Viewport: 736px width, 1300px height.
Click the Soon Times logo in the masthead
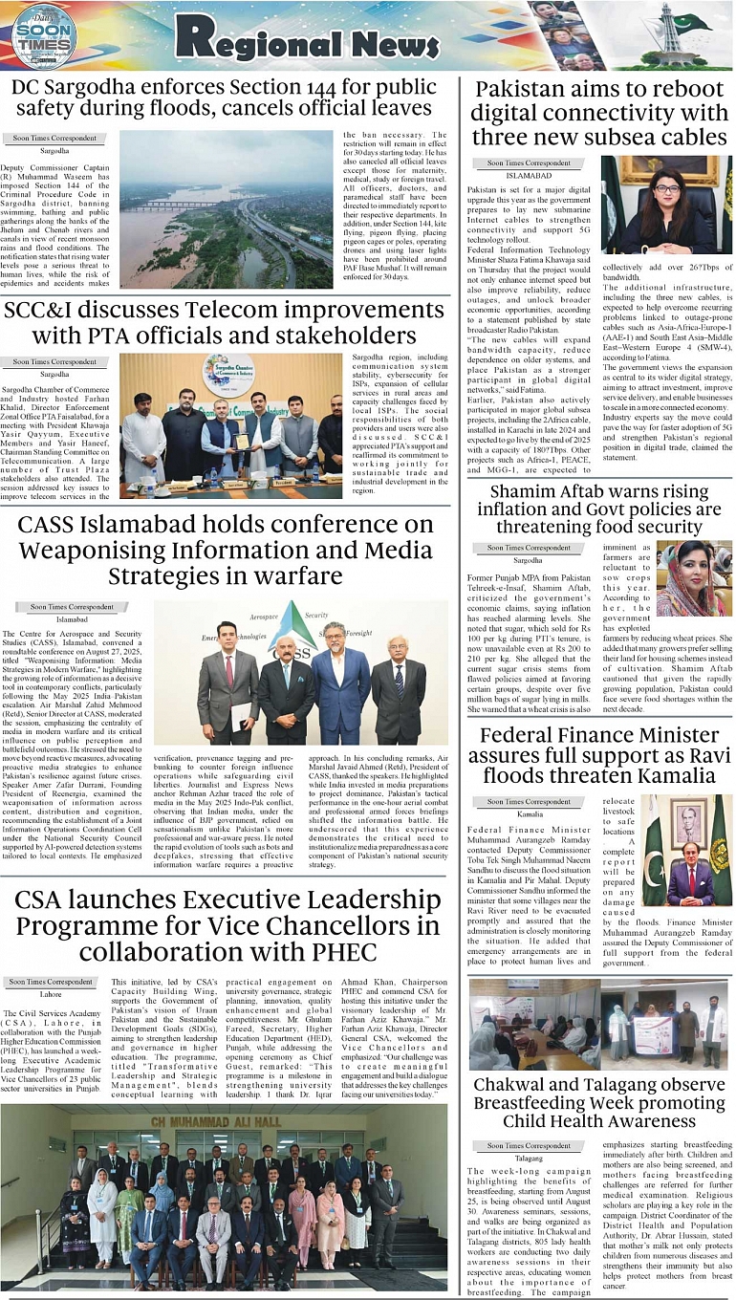click(x=44, y=35)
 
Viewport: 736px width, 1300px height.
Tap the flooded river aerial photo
click(x=226, y=209)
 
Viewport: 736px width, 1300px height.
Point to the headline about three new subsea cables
click(x=599, y=114)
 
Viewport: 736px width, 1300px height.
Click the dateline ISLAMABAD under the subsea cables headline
click(x=529, y=177)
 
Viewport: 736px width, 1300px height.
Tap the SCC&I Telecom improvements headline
click(x=224, y=323)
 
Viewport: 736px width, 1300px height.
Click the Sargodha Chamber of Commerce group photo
click(x=230, y=426)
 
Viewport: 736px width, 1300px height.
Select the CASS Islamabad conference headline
click(x=226, y=550)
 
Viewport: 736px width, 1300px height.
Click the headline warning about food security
click(x=599, y=509)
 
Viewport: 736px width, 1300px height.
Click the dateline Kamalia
click(x=529, y=815)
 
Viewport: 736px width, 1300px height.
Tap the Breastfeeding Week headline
click(x=599, y=1102)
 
